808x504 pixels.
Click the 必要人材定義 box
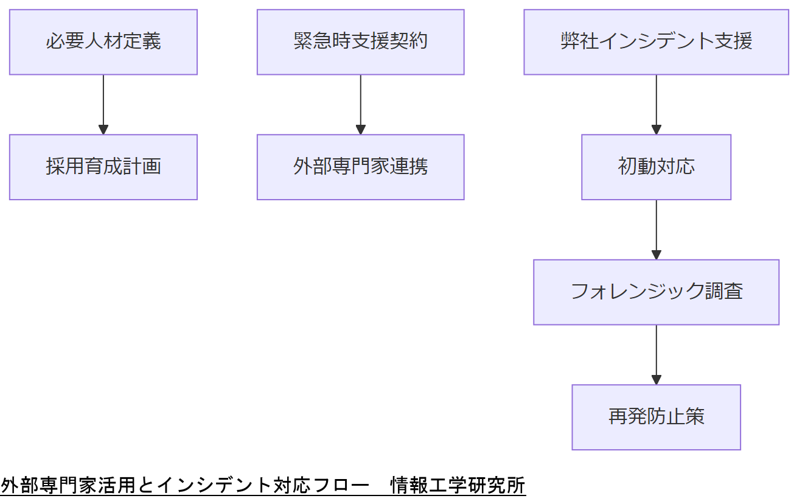(103, 42)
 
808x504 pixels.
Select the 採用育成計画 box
(103, 167)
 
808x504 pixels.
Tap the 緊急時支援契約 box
(360, 42)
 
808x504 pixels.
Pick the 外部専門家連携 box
(360, 167)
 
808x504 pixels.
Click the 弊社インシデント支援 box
(656, 42)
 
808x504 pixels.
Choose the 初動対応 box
(656, 167)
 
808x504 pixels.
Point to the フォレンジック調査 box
(656, 292)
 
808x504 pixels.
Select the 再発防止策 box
(656, 417)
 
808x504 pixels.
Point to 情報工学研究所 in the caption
(458, 486)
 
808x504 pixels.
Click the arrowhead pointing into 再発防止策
(656, 380)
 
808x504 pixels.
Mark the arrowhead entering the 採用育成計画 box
(103, 130)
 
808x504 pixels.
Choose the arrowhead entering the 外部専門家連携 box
(360, 130)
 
